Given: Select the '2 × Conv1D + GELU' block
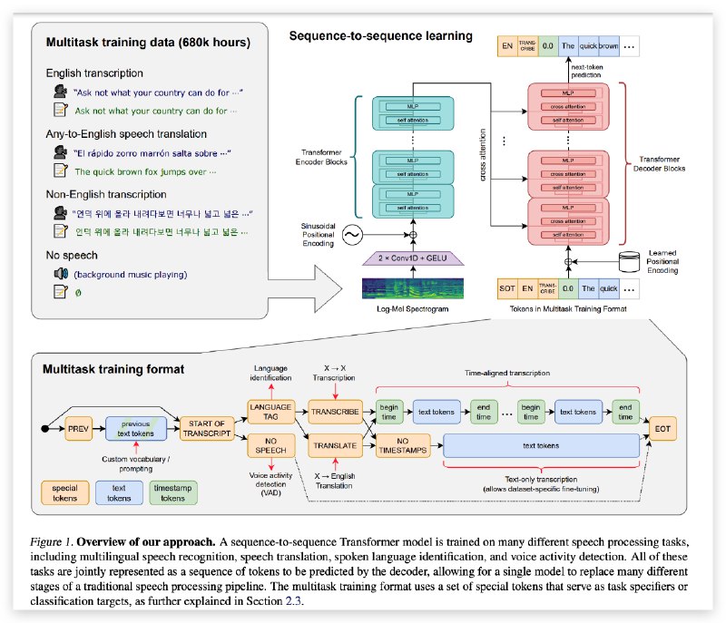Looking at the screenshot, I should (x=413, y=258).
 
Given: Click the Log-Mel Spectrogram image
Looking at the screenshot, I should (x=413, y=288).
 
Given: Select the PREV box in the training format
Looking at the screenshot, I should (x=79, y=423).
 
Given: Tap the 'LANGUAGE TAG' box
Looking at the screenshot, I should (x=271, y=411).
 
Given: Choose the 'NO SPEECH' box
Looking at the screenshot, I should (x=271, y=444).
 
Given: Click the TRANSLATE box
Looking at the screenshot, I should (x=334, y=444).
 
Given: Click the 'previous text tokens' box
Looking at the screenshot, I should (x=136, y=428).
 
